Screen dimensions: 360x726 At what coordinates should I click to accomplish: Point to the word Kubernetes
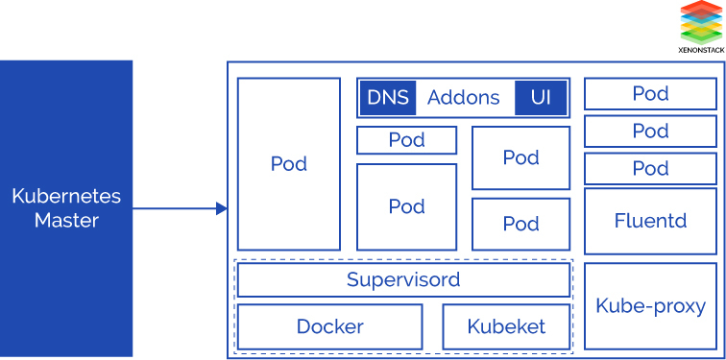(x=66, y=197)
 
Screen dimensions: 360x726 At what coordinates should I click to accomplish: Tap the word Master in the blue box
(x=66, y=221)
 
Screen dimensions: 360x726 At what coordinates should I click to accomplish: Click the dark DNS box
(x=387, y=97)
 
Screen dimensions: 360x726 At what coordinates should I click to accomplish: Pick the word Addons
(x=463, y=97)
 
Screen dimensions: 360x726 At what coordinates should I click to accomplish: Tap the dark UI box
(x=541, y=97)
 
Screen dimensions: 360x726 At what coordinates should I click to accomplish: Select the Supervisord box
(x=403, y=280)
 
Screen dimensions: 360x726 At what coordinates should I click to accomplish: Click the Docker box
(x=329, y=326)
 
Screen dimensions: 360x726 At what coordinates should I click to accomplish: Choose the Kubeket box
(x=506, y=326)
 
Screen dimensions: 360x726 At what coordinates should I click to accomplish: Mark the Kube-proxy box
(x=650, y=306)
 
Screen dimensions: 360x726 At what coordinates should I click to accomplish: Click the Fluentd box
(x=650, y=221)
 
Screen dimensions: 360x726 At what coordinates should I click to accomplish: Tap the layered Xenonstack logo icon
(x=699, y=21)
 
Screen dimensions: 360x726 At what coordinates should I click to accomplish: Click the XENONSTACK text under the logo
(x=699, y=48)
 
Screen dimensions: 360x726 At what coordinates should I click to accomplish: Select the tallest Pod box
(x=288, y=164)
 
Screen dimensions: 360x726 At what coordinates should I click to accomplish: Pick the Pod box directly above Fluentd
(x=650, y=168)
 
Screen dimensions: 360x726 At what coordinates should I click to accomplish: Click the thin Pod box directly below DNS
(x=406, y=140)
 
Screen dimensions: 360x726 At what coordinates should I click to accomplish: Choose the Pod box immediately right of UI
(x=650, y=94)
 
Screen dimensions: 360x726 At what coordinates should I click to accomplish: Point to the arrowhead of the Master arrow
(x=222, y=208)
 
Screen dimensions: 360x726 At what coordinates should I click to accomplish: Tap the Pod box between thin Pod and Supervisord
(x=406, y=206)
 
